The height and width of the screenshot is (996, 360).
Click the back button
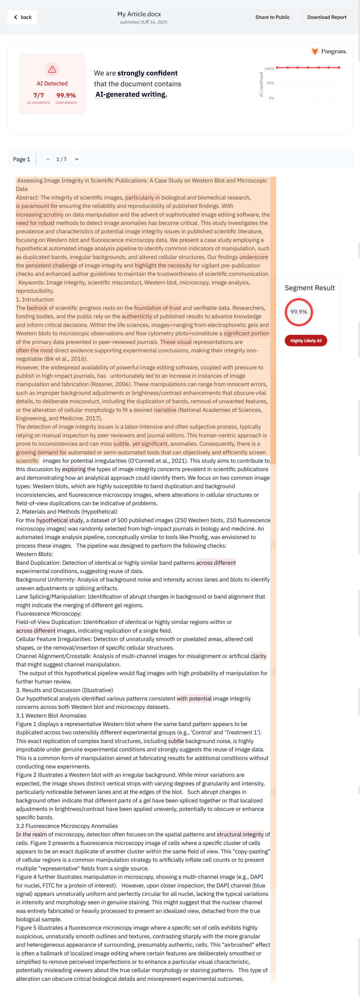point(22,17)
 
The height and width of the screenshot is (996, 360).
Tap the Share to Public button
point(272,17)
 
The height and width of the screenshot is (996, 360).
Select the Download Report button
point(326,17)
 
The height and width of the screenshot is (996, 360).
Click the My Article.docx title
point(139,14)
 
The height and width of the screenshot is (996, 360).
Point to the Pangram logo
point(329,51)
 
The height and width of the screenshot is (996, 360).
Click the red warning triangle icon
point(52,69)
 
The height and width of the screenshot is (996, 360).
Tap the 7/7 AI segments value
point(39,95)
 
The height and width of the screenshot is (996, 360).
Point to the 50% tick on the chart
point(270,83)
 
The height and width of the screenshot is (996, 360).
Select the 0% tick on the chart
point(271,98)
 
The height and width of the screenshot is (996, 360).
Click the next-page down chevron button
point(77,159)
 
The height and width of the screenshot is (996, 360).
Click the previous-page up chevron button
point(48,159)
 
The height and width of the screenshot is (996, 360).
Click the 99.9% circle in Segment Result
point(299,312)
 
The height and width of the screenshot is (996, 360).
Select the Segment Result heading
point(309,288)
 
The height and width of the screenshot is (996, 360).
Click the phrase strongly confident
point(147,73)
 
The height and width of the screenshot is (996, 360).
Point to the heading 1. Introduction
point(35,300)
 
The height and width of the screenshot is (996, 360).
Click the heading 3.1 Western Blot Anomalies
point(51,716)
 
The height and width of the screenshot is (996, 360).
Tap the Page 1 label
point(21,159)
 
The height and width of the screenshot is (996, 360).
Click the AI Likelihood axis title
point(261,84)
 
